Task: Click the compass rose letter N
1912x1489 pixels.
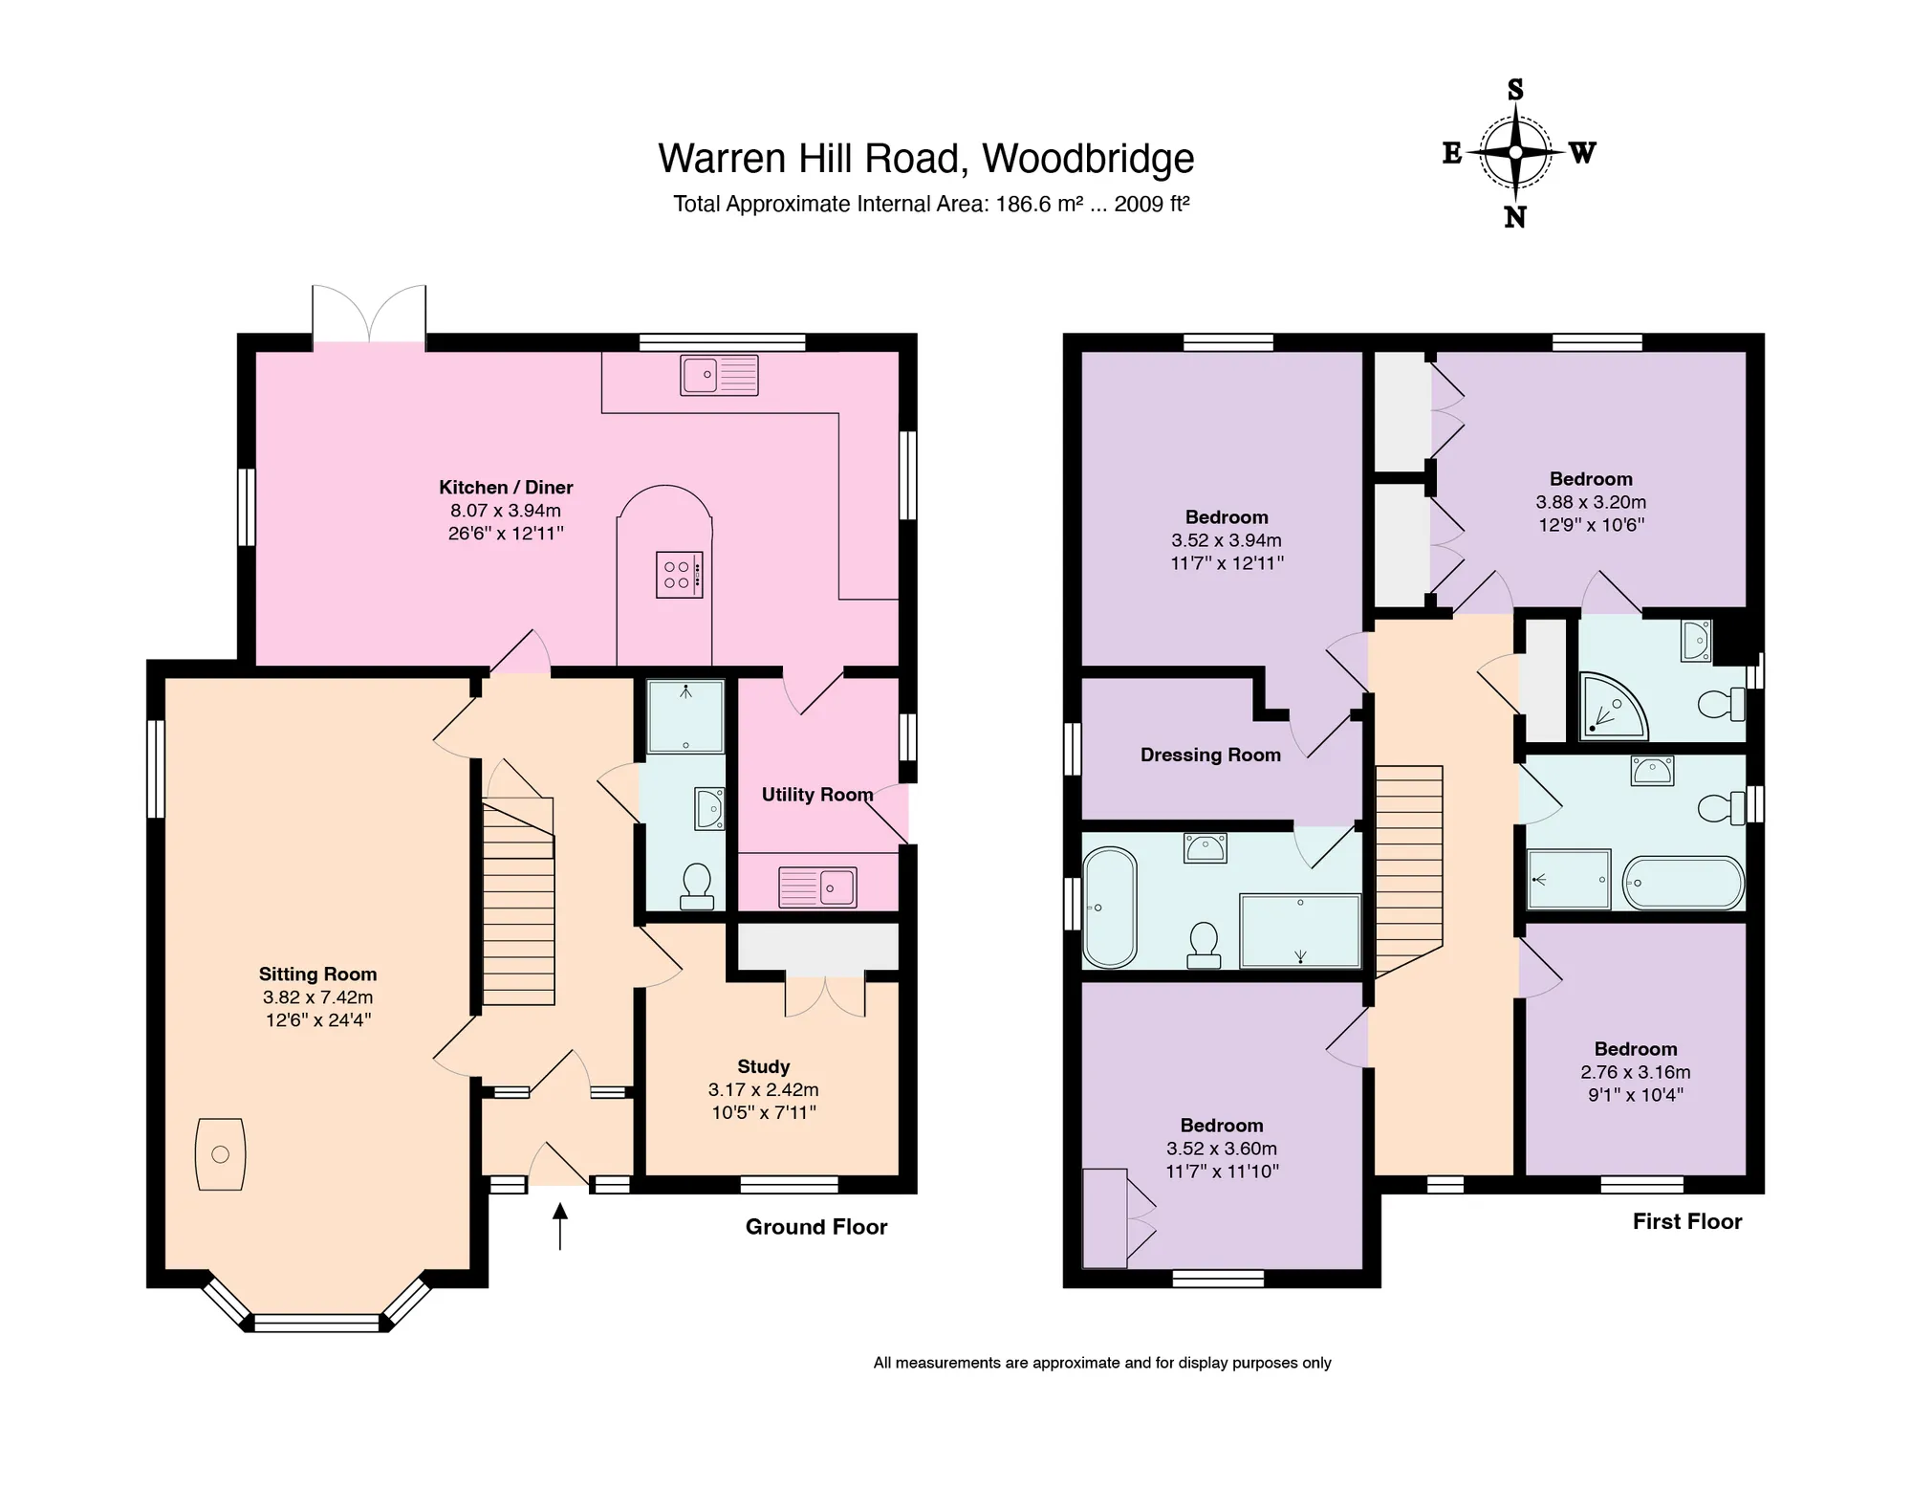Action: tap(1515, 218)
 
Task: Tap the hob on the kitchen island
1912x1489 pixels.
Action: tap(680, 575)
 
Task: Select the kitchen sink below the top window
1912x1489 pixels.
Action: tap(719, 375)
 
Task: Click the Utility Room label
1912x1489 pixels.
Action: tap(817, 795)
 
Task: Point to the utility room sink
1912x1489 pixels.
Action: tap(817, 887)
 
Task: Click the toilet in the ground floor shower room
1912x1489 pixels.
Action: tap(696, 887)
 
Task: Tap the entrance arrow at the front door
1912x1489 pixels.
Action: tap(560, 1226)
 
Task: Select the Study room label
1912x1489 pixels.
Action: tap(764, 1066)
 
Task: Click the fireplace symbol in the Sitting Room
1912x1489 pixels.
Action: tap(220, 1154)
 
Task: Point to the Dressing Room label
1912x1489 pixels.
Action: tap(1210, 755)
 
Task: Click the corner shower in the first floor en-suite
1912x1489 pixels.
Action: tap(1614, 706)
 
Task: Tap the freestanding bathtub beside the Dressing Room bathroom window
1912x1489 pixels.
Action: tap(1110, 908)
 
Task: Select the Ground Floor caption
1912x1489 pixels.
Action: tap(816, 1227)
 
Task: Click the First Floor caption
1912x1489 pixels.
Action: tap(1687, 1221)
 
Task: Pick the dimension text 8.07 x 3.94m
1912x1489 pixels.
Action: tap(506, 511)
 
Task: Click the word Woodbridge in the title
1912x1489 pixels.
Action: tap(1088, 159)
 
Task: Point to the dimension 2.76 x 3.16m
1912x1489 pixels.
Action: tap(1636, 1072)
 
